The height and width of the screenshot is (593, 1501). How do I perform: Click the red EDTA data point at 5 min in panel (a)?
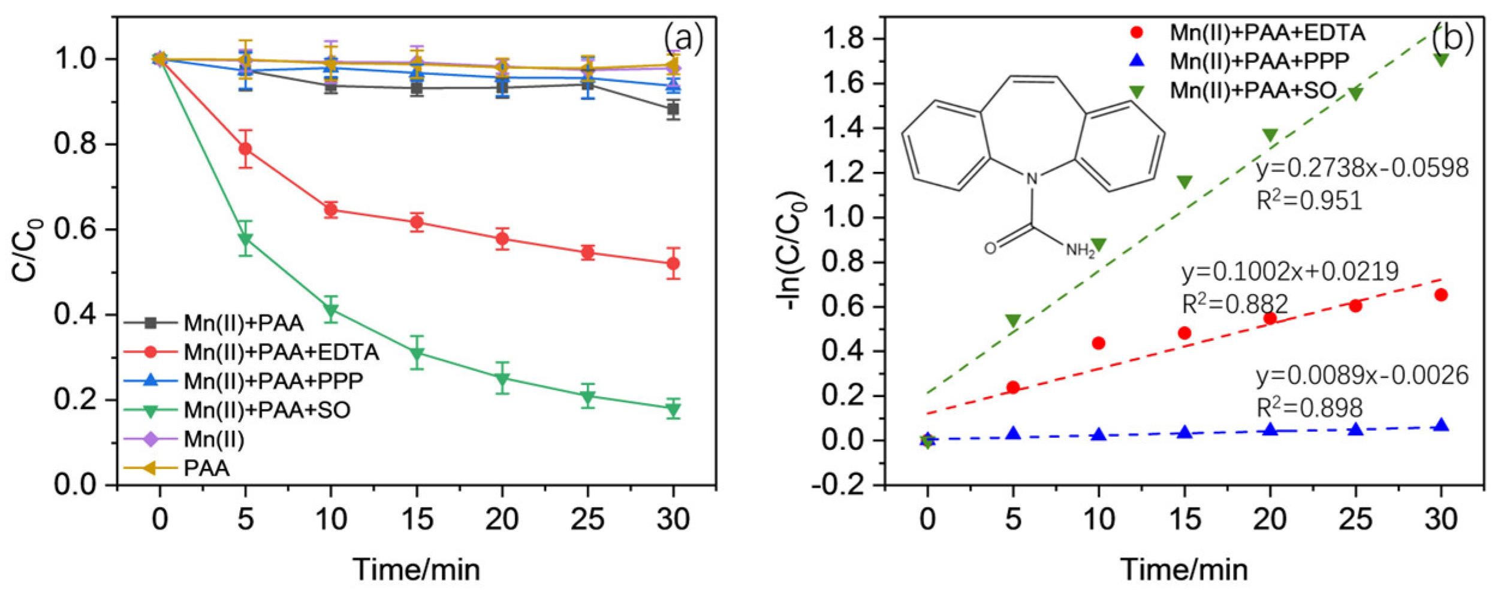[x=245, y=149]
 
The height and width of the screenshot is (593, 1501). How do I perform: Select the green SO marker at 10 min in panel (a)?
[x=331, y=310]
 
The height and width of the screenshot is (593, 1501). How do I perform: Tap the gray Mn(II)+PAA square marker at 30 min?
[x=673, y=109]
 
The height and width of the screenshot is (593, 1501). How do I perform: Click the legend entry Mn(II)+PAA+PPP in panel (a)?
[x=273, y=381]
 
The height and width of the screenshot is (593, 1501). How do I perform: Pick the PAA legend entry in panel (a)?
[x=206, y=468]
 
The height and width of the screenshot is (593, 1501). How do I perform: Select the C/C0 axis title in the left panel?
[x=27, y=250]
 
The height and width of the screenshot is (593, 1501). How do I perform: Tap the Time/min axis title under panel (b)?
[x=1184, y=569]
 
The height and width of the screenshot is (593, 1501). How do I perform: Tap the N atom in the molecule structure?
[x=1032, y=178]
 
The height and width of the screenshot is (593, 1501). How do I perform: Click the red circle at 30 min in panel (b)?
[x=1441, y=295]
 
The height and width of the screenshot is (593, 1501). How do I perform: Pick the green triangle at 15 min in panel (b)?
[x=1184, y=182]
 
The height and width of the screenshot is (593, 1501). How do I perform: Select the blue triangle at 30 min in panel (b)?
[x=1441, y=426]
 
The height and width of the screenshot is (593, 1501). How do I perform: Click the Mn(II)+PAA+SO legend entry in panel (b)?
[x=1253, y=90]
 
